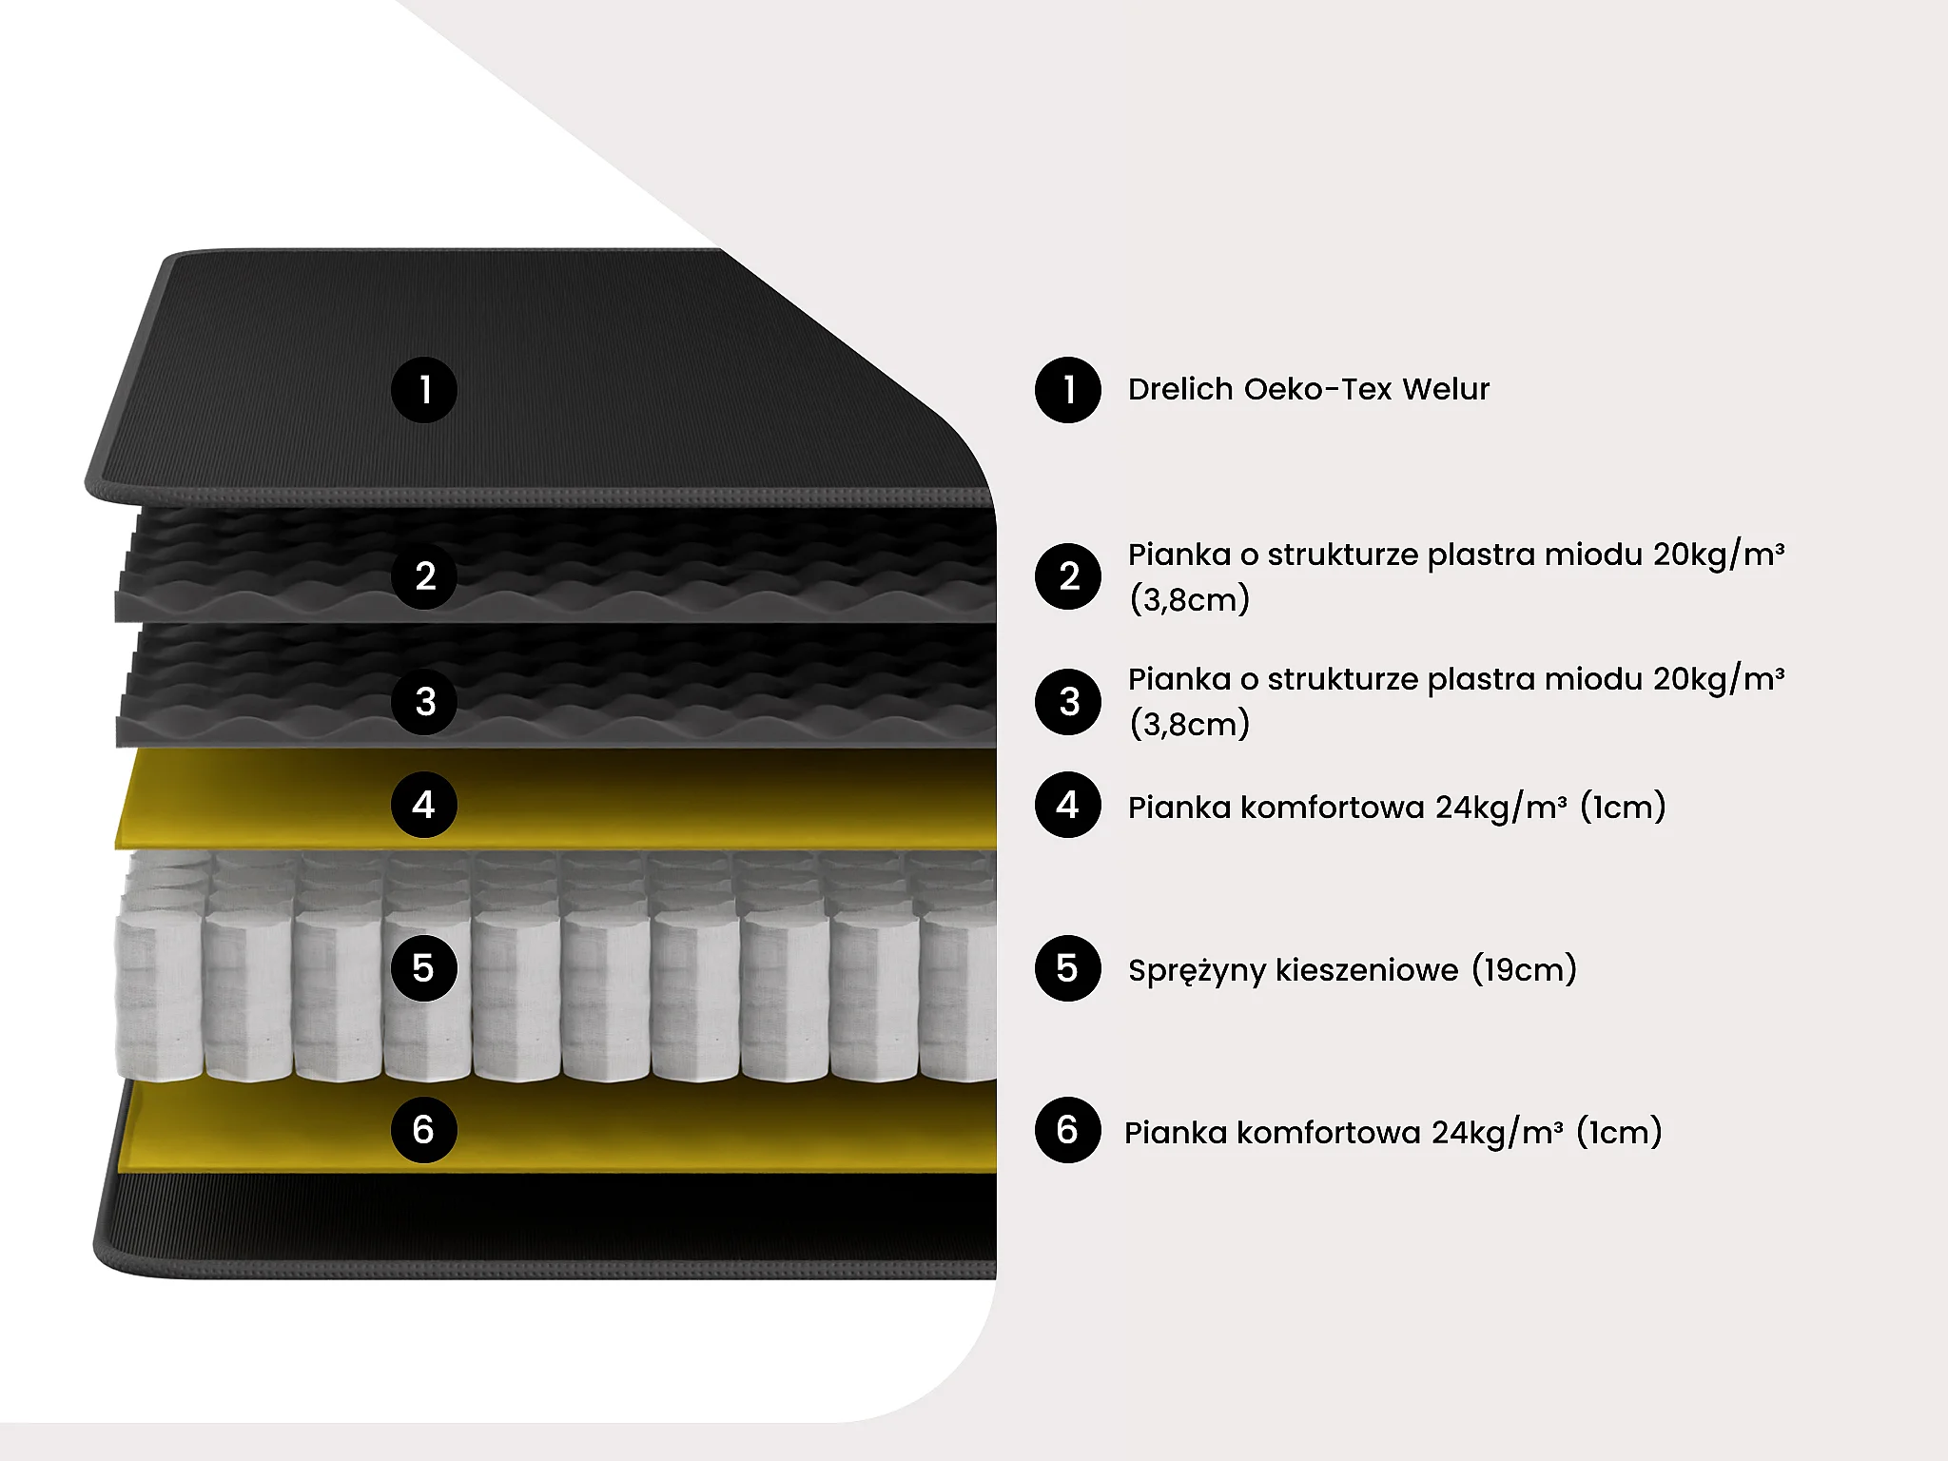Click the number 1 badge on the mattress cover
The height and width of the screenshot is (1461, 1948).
pyautogui.click(x=424, y=390)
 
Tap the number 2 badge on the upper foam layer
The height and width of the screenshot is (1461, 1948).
pyautogui.click(x=424, y=576)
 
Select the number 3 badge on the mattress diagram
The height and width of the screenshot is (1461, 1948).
pyautogui.click(x=424, y=702)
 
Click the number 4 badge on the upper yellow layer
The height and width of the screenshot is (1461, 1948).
pyautogui.click(x=424, y=805)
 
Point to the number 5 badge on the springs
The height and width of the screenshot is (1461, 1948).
pyautogui.click(x=424, y=968)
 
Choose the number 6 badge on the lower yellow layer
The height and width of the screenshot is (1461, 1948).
pyautogui.click(x=424, y=1130)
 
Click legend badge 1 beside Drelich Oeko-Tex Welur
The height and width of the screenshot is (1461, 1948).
pyautogui.click(x=1068, y=390)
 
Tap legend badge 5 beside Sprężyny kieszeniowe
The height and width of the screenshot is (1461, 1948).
pyautogui.click(x=1068, y=968)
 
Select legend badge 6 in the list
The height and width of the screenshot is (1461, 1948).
pyautogui.click(x=1068, y=1130)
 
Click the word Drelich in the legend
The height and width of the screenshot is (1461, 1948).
pyautogui.click(x=1180, y=389)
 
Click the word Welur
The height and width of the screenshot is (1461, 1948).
pyautogui.click(x=1446, y=389)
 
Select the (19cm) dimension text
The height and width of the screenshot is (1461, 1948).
pyautogui.click(x=1524, y=969)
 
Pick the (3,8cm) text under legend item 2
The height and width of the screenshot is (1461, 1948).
pyautogui.click(x=1189, y=599)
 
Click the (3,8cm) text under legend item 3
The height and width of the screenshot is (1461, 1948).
pyautogui.click(x=1189, y=724)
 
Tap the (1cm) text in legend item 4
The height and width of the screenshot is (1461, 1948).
pyautogui.click(x=1623, y=807)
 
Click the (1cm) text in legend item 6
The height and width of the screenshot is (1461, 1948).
pyautogui.click(x=1619, y=1132)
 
